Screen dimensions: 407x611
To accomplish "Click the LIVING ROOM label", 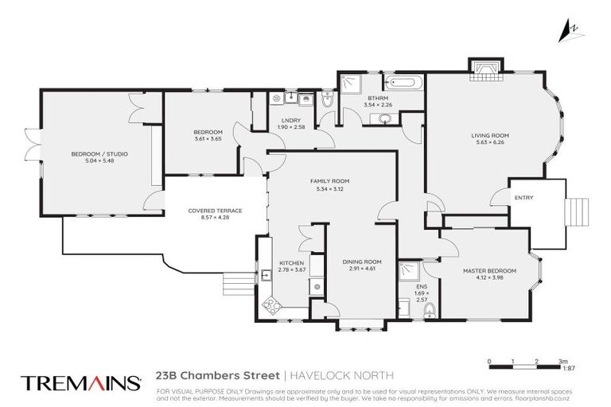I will tap(489, 136).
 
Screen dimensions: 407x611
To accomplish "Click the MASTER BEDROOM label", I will tap(489, 271).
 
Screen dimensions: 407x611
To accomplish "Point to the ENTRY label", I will tap(523, 198).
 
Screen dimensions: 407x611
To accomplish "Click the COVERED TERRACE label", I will tap(215, 211).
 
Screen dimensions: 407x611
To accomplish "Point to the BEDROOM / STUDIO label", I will tap(99, 153).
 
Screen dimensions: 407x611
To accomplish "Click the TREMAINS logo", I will tap(80, 382).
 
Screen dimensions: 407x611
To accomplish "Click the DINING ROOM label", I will tap(362, 262).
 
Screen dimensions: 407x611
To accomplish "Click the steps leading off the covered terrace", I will tap(234, 282).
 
